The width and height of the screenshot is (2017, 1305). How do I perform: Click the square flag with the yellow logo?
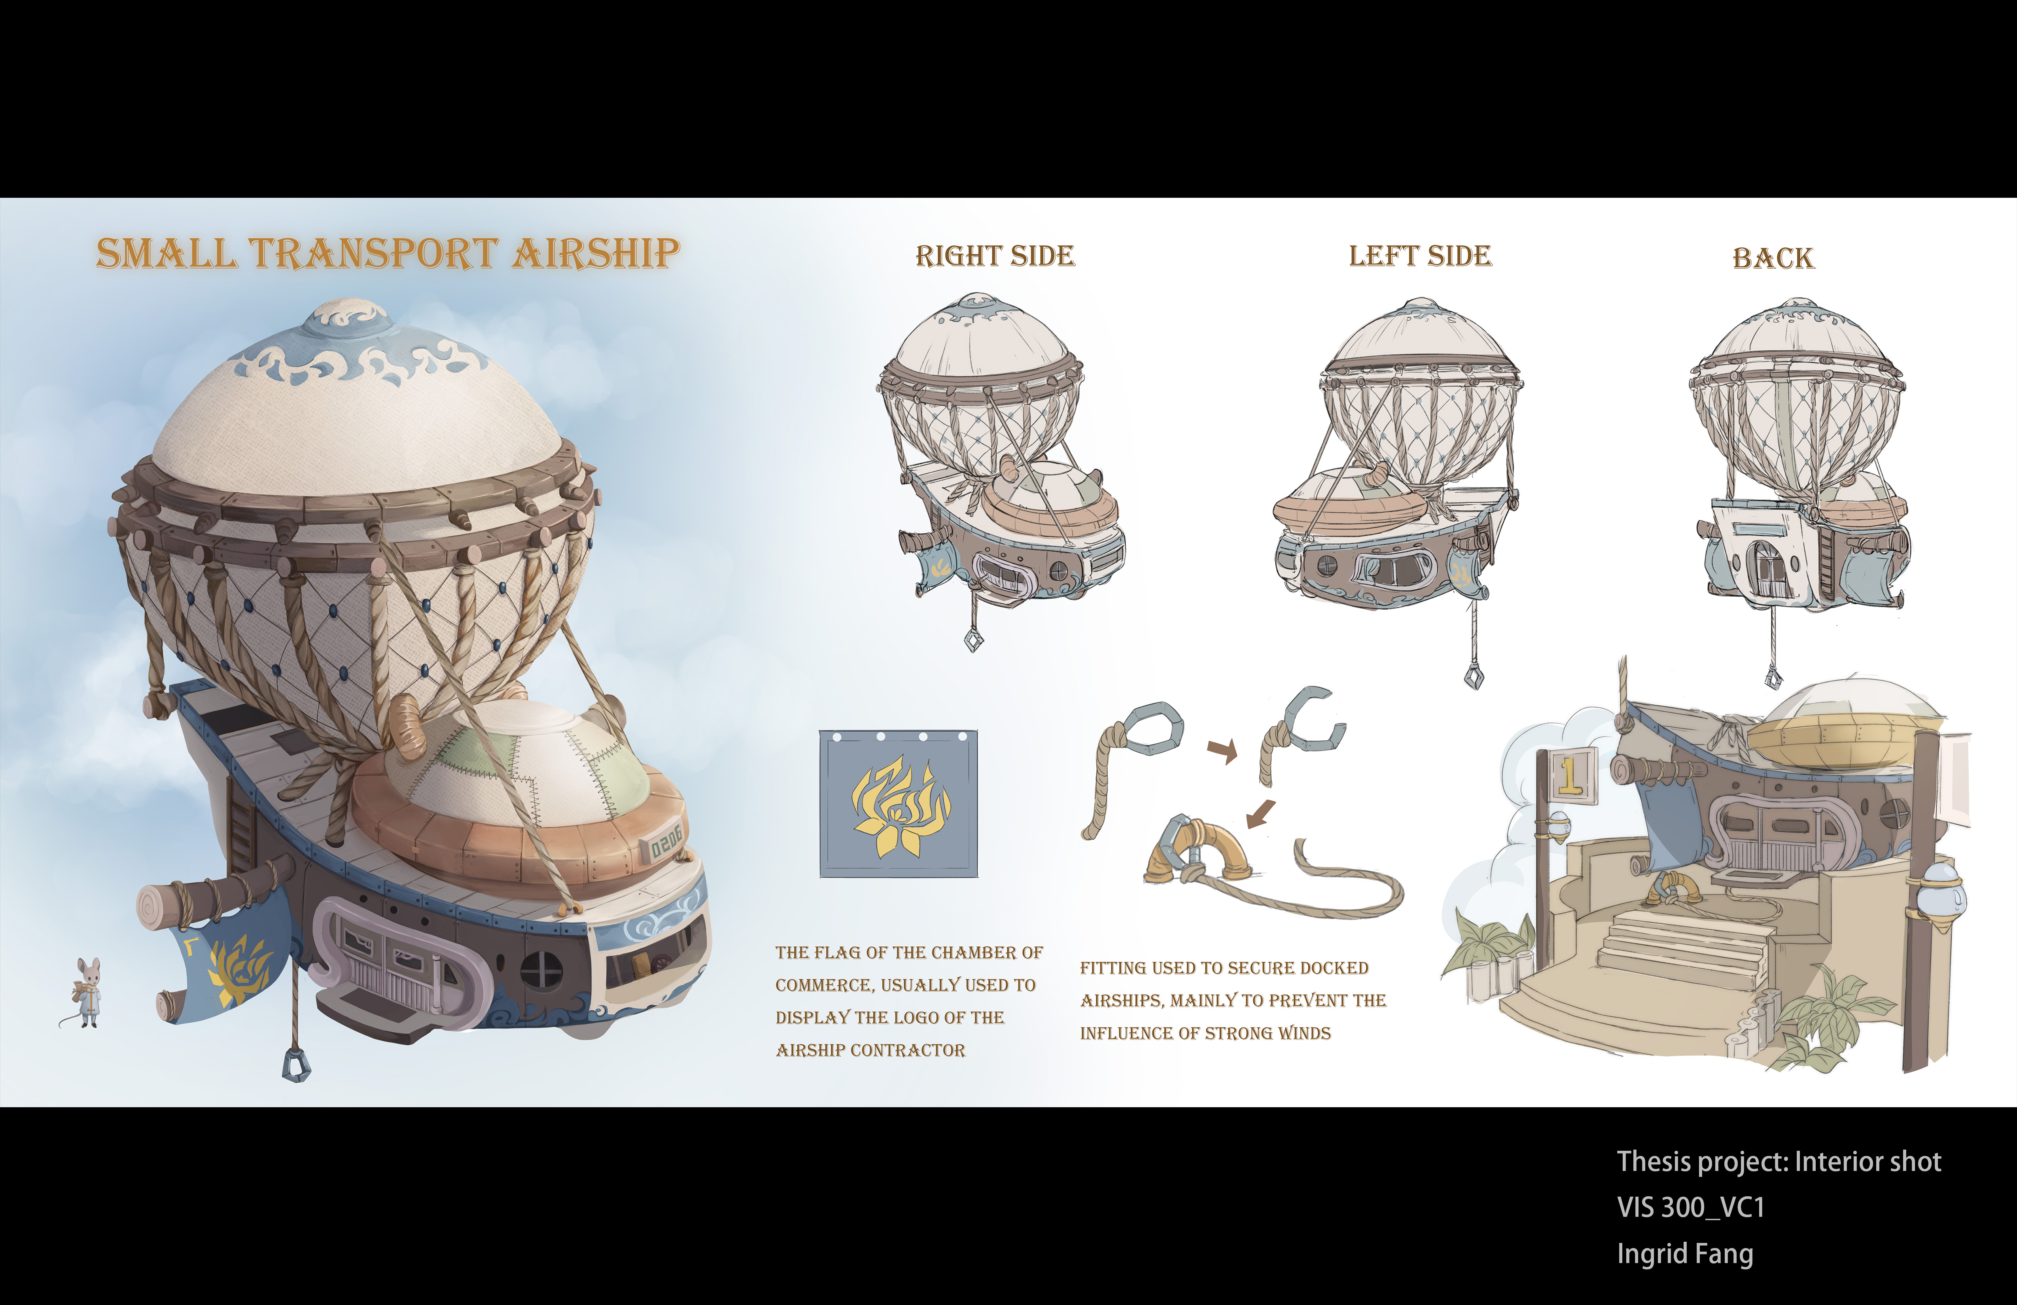[898, 803]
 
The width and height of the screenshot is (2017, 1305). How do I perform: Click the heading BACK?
[1773, 257]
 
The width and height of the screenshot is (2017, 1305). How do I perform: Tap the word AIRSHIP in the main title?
[596, 253]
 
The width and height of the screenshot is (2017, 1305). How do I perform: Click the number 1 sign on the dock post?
[1570, 775]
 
